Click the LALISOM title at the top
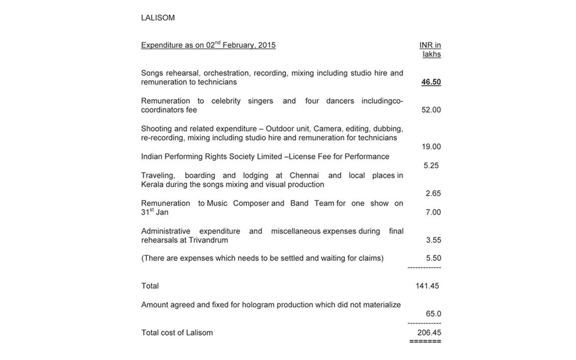[158, 18]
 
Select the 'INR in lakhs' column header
[430, 50]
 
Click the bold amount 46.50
[431, 82]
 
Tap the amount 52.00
[431, 110]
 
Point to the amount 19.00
[431, 147]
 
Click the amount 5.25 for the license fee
[431, 165]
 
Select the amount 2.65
[433, 194]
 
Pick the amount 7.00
[433, 212]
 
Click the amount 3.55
[433, 240]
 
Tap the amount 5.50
[433, 258]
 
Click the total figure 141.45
[428, 286]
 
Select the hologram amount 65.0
[433, 314]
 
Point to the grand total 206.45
[429, 332]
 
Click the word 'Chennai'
[303, 175]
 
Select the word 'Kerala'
[152, 184]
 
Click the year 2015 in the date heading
[266, 46]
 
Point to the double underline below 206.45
[425, 342]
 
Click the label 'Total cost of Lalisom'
[177, 332]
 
